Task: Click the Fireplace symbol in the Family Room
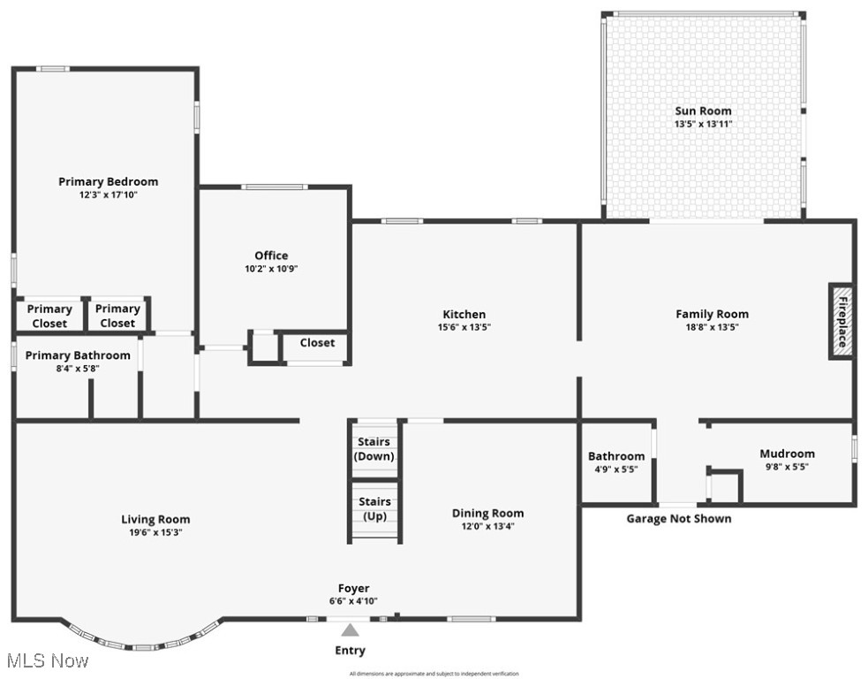[842, 322]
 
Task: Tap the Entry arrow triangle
[351, 630]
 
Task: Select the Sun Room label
[703, 111]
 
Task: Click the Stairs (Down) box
[374, 449]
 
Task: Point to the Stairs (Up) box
[374, 508]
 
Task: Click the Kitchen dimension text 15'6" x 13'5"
[464, 327]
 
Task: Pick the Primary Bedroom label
[109, 181]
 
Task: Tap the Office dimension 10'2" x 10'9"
[271, 269]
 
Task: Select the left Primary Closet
[49, 316]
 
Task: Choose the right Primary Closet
[117, 316]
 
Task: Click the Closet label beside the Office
[317, 343]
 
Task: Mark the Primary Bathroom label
[78, 355]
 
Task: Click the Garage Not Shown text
[678, 519]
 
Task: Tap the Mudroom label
[787, 454]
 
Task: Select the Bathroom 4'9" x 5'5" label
[616, 462]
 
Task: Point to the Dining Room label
[487, 513]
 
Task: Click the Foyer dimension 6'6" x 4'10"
[354, 601]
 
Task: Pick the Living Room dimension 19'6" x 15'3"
[155, 532]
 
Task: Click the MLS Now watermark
[47, 660]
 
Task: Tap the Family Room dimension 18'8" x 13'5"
[712, 327]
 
